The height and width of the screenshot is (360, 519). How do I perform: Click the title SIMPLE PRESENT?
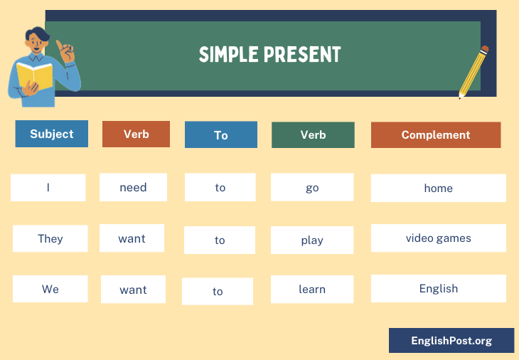(x=269, y=54)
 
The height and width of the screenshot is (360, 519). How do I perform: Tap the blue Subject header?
(x=52, y=134)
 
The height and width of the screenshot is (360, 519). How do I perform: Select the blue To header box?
(x=221, y=134)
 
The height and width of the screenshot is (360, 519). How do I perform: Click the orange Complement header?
(x=436, y=134)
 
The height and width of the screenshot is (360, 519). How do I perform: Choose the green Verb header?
(x=313, y=134)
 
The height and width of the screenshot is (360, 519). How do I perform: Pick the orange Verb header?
(x=136, y=134)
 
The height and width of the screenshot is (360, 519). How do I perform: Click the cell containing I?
(x=48, y=187)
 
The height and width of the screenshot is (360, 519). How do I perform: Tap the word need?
(x=133, y=187)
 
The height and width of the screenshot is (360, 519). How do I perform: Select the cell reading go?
(x=312, y=187)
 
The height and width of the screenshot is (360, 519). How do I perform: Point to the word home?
(x=438, y=188)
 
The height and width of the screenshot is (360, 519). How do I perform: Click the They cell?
(x=50, y=238)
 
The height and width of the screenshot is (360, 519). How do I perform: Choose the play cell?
(x=312, y=240)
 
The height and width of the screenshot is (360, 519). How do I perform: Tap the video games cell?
(x=439, y=238)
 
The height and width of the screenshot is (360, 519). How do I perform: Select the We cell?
(x=50, y=289)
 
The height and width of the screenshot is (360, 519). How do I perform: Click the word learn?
(x=312, y=289)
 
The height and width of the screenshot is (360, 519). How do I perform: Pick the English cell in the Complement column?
(x=439, y=288)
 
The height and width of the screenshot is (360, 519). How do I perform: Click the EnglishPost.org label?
(x=451, y=341)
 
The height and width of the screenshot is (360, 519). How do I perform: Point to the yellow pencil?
(x=473, y=72)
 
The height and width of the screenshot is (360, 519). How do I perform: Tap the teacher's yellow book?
(x=34, y=75)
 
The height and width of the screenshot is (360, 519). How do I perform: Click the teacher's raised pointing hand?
(x=65, y=51)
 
